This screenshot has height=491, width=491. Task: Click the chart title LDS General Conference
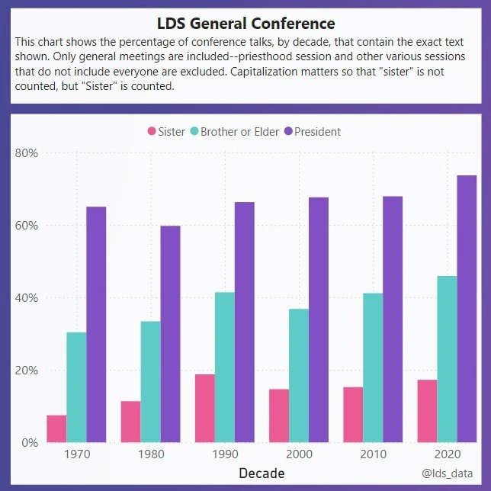click(x=245, y=24)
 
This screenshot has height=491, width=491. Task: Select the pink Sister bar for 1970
click(x=56, y=428)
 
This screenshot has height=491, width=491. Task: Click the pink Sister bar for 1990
click(x=205, y=408)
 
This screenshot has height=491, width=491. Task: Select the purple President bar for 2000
click(x=319, y=319)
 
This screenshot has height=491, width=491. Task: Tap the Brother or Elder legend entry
click(x=233, y=131)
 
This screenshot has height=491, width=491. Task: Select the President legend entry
click(x=311, y=131)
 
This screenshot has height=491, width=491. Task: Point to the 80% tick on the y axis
click(x=27, y=152)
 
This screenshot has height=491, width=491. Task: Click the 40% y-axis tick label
click(x=27, y=297)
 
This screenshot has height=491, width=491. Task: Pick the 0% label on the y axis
click(x=30, y=442)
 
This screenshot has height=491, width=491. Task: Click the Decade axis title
click(x=262, y=473)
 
